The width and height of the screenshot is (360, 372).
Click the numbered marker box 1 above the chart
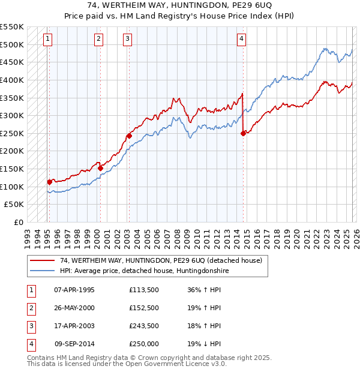[47, 40]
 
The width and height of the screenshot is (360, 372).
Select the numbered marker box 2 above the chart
[98, 40]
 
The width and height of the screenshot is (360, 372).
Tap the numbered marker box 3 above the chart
[127, 40]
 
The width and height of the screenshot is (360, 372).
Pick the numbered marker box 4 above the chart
[241, 40]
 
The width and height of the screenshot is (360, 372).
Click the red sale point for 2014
[243, 133]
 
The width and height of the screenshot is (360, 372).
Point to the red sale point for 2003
[129, 136]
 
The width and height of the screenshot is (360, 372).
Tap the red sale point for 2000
[100, 168]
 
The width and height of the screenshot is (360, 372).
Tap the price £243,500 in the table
[144, 326]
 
